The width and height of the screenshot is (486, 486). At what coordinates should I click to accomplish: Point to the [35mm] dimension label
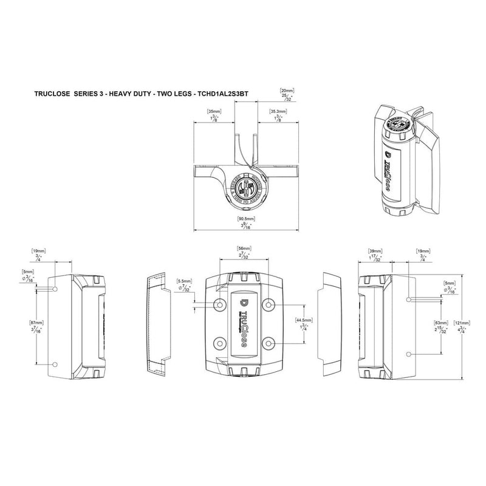pos(213,112)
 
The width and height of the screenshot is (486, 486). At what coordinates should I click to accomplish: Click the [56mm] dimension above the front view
pos(244,249)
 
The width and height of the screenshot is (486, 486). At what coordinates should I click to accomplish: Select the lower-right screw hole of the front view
pos(269,344)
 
